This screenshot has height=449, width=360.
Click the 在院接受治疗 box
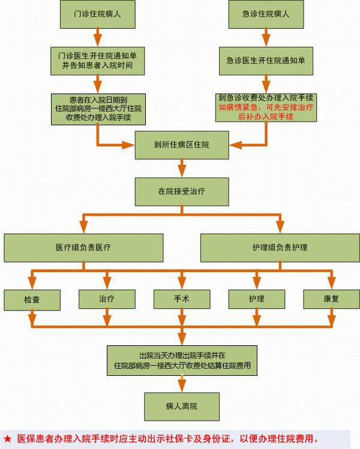click(x=181, y=192)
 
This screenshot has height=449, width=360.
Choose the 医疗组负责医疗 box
click(x=83, y=247)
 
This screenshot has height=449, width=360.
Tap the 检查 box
click(x=32, y=299)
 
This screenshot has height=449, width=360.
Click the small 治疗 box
click(x=107, y=299)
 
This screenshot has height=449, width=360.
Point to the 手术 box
click(x=181, y=299)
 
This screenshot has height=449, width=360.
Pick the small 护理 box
click(x=256, y=299)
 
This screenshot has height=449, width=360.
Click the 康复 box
click(x=331, y=299)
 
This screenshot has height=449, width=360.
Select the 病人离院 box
click(x=181, y=406)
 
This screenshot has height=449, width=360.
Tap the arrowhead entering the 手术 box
click(x=181, y=284)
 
